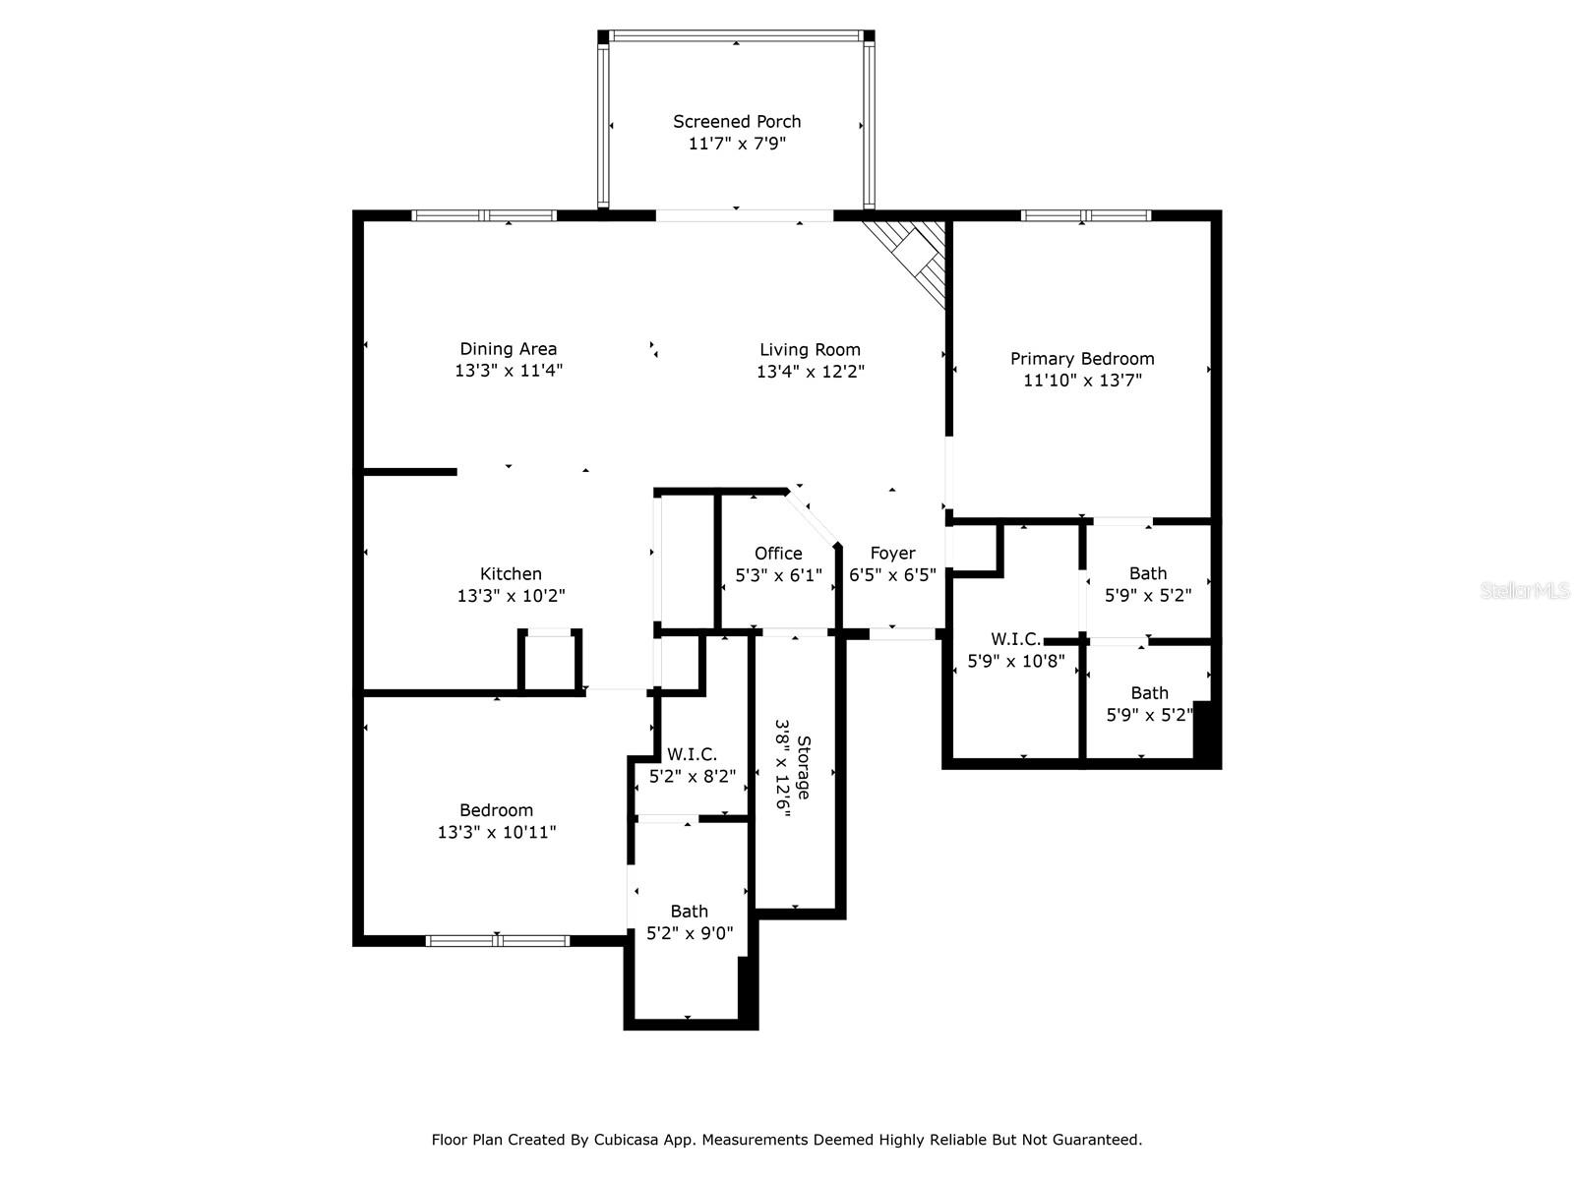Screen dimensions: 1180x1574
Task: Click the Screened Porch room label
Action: [x=737, y=121]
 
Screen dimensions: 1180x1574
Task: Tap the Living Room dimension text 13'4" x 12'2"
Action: [x=810, y=372]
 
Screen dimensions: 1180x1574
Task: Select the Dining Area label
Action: [x=508, y=348]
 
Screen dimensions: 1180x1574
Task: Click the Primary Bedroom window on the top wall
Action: [x=1085, y=215]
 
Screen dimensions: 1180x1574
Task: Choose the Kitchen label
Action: [x=511, y=573]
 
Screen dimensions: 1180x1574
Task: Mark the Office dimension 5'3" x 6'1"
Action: [x=778, y=575]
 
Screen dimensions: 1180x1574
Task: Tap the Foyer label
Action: [x=892, y=553]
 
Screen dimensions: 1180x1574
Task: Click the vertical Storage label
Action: [x=804, y=767]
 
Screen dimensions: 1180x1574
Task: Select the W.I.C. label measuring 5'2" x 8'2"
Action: [x=692, y=754]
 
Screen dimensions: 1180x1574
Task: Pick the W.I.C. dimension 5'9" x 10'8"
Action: [x=1016, y=662]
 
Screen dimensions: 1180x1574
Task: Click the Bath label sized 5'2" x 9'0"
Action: [x=689, y=912]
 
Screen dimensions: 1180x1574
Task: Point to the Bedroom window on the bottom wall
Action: [x=498, y=940]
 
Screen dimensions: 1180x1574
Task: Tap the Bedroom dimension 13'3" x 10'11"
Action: [x=497, y=832]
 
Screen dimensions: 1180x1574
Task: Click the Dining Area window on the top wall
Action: [x=484, y=215]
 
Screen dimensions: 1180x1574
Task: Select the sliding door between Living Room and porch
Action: [x=745, y=215]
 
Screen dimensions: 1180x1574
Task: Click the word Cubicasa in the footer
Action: [x=633, y=1140]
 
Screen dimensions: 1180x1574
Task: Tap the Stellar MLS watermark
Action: [x=1524, y=591]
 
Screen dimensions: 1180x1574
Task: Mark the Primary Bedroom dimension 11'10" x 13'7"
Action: [x=1082, y=381]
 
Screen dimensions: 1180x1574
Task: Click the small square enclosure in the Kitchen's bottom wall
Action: [x=551, y=662]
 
